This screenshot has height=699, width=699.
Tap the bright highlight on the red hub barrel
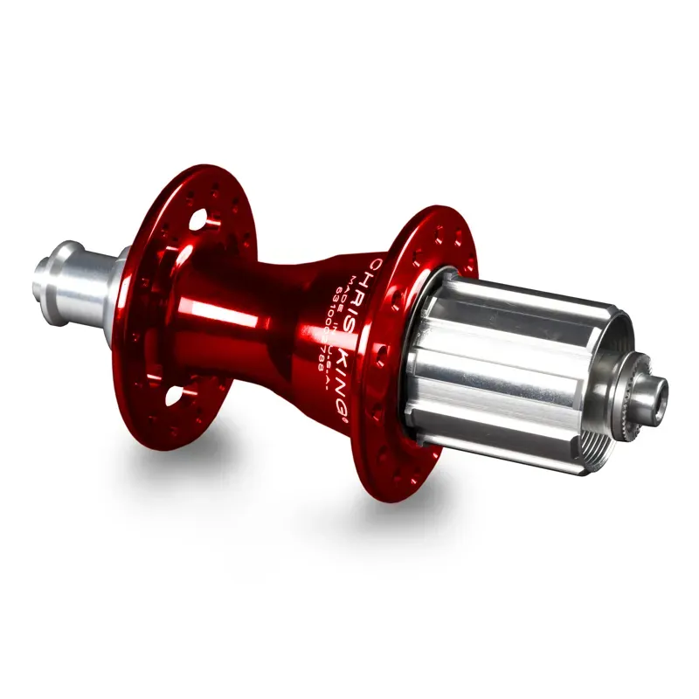[210, 310]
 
